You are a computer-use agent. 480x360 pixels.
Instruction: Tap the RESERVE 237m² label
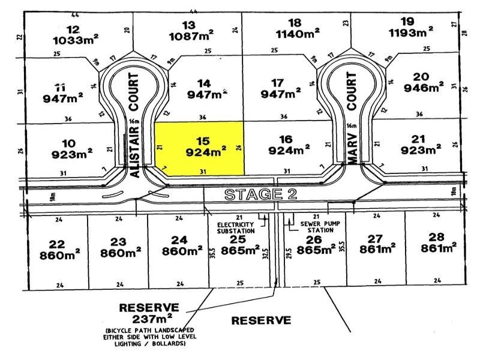149,313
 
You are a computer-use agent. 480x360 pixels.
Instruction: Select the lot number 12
73,29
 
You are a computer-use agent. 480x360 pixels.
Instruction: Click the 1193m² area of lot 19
410,31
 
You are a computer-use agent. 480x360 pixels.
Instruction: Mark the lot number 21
419,138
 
